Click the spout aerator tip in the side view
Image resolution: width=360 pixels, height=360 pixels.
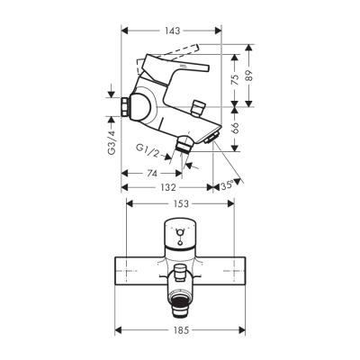click(x=212, y=137)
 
